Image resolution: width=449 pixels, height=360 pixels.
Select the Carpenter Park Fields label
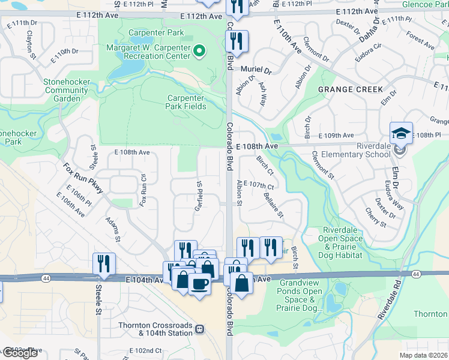(x=186, y=102)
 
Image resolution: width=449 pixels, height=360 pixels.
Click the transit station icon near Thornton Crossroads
(x=200, y=329)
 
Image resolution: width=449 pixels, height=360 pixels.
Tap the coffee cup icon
(x=199, y=283)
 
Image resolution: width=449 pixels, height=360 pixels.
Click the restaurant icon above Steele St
(x=104, y=262)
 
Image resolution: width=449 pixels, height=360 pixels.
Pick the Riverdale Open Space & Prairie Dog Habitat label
(x=342, y=242)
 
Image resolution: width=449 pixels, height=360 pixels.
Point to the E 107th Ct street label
(x=259, y=184)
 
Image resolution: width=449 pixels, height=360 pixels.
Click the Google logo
(x=20, y=353)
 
